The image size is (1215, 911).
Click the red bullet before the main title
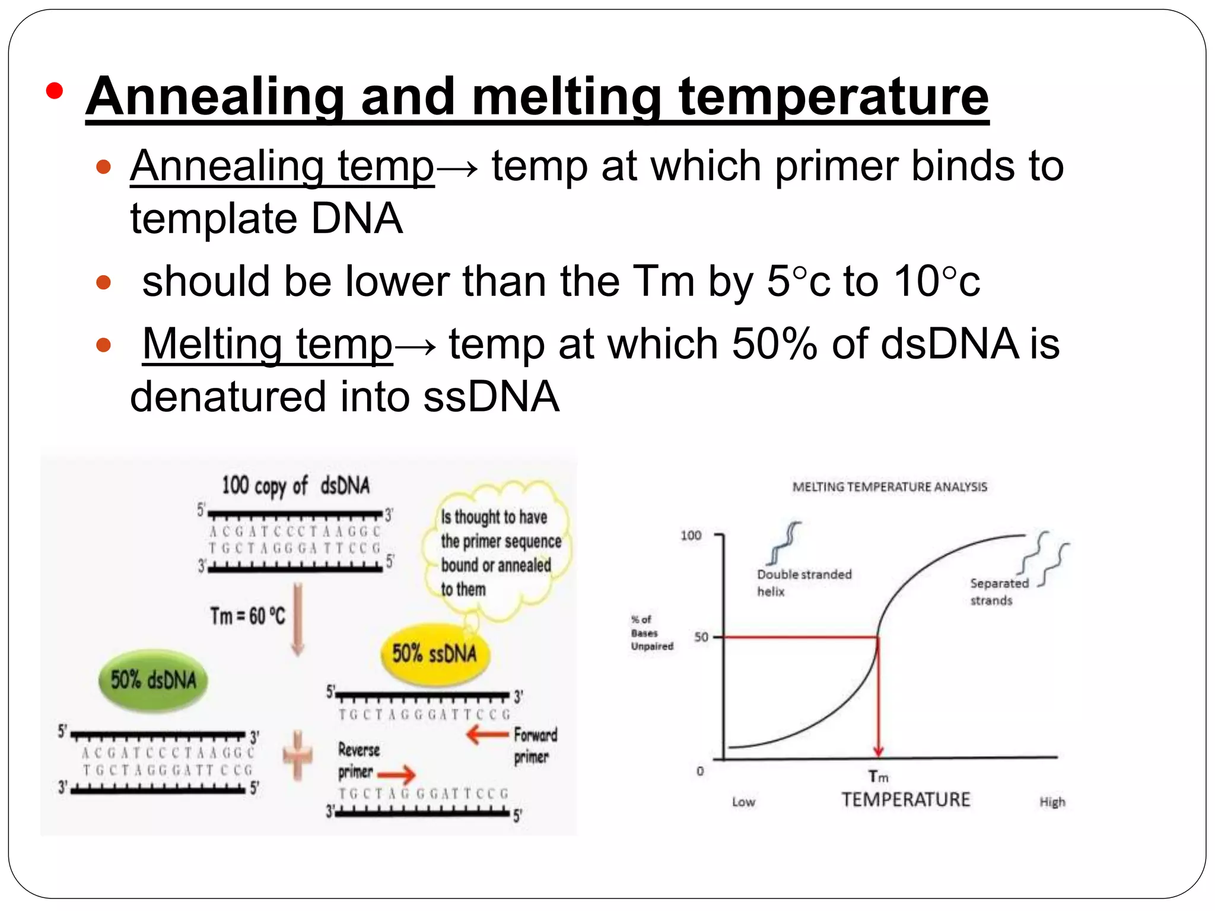click(x=54, y=91)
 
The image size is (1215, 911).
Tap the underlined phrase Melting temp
click(x=268, y=344)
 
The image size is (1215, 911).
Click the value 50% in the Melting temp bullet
click(x=774, y=344)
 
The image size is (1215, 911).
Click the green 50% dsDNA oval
click(x=153, y=680)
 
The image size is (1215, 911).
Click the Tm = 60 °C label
click(x=247, y=616)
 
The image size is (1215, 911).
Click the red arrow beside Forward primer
click(x=487, y=735)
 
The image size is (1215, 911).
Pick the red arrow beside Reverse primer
click(x=396, y=773)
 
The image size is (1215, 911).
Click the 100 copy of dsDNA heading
click(x=295, y=486)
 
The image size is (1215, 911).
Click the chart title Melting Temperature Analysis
click(x=889, y=487)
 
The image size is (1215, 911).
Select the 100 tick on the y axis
click(x=691, y=536)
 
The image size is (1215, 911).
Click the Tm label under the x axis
click(x=878, y=776)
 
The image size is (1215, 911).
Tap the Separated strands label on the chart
click(x=999, y=591)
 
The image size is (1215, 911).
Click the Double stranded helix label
click(x=803, y=582)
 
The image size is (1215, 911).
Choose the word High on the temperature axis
click(x=1052, y=802)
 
